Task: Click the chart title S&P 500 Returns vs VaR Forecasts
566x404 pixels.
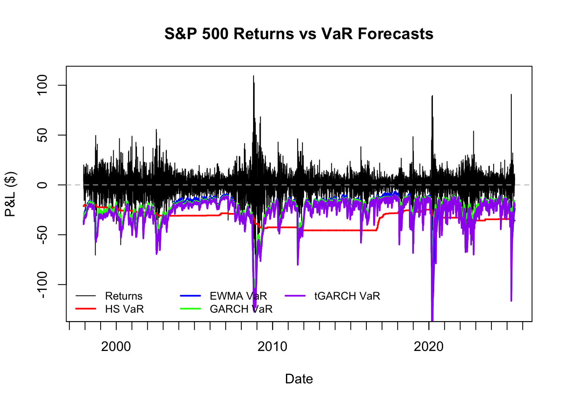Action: click(x=299, y=34)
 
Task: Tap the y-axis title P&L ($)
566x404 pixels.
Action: click(x=11, y=194)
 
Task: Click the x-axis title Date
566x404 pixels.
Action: click(x=299, y=379)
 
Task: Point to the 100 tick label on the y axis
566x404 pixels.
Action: click(x=43, y=85)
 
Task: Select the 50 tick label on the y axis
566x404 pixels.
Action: click(x=43, y=135)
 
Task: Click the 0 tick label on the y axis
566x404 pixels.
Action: click(x=43, y=185)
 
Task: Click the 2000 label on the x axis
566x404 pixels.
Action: click(x=116, y=347)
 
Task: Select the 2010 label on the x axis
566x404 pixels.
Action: click(x=272, y=347)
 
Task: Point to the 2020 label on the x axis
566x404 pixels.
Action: click(x=429, y=347)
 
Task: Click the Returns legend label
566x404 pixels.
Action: click(x=124, y=296)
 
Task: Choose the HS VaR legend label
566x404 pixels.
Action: click(x=124, y=309)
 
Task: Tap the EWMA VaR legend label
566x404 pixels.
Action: click(x=238, y=296)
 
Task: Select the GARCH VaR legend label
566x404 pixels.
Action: click(x=241, y=309)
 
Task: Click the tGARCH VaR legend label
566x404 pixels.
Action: click(x=347, y=296)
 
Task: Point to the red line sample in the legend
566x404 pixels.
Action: click(x=86, y=309)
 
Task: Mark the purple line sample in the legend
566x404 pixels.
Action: click(x=295, y=296)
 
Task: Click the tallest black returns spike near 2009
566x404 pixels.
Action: click(x=254, y=77)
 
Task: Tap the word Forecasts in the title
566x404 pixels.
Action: click(x=395, y=34)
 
